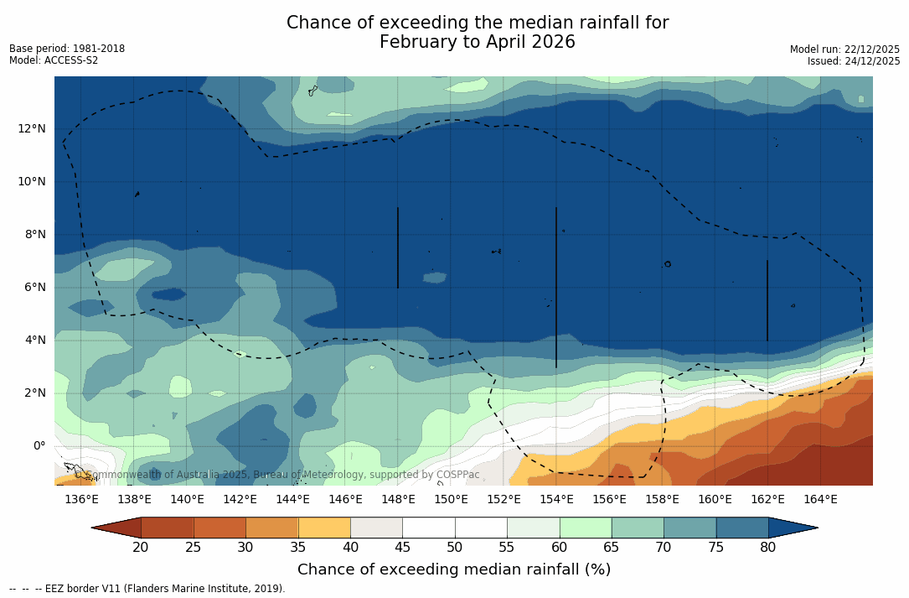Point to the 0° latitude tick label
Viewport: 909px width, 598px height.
39,445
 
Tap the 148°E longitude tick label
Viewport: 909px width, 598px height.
398,499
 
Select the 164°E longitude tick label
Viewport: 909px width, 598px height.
820,499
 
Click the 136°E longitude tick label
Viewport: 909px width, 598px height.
81,499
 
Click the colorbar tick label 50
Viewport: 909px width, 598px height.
455,548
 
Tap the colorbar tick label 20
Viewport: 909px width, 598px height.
141,548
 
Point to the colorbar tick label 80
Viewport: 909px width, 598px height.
768,548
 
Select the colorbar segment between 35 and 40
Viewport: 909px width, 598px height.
324,528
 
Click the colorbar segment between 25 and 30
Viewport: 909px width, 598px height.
220,528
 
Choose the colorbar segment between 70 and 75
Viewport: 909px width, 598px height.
690,528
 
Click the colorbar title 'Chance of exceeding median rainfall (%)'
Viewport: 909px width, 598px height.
454,569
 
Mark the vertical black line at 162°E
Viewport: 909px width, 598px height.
767,300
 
